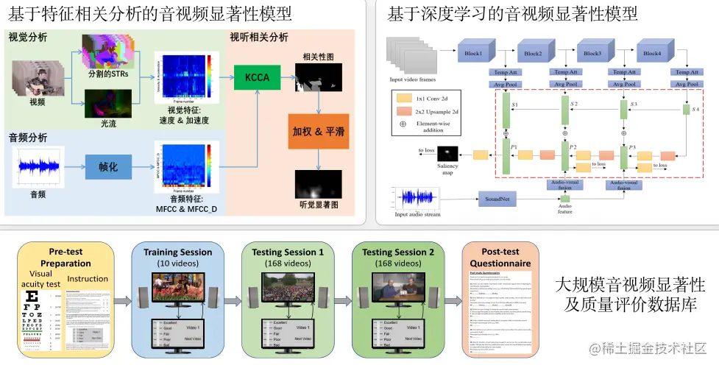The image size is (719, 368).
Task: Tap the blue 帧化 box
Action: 108,166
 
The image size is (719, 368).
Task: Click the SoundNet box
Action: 498,199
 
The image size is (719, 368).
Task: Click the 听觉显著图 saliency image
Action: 319,183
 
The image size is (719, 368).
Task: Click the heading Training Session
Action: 177,252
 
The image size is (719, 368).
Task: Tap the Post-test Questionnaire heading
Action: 500,258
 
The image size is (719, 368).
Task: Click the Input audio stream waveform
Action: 417,199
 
